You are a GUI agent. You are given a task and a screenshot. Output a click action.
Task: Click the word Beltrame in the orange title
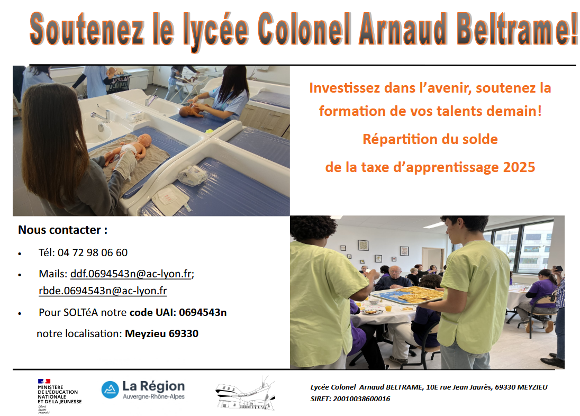516,29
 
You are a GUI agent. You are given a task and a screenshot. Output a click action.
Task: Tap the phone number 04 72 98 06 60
93,252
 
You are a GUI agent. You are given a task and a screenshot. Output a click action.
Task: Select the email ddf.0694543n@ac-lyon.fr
131,274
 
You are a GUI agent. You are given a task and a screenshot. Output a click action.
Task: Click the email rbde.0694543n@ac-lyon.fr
103,291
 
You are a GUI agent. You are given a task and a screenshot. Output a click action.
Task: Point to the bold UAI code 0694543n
203,312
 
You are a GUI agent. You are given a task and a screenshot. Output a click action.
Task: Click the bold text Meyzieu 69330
161,333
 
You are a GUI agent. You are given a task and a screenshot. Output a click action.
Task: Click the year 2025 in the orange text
519,167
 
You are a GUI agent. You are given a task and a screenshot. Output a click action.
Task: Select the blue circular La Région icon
110,390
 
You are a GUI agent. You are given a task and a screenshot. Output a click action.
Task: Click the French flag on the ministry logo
44,381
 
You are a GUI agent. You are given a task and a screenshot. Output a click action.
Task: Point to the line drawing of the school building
245,394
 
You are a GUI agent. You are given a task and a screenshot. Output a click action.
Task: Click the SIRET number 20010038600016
361,399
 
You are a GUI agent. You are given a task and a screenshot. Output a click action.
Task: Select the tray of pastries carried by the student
407,295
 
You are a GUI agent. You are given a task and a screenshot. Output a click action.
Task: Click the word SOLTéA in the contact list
80,312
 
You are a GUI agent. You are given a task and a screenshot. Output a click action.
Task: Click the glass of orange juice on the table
388,308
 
